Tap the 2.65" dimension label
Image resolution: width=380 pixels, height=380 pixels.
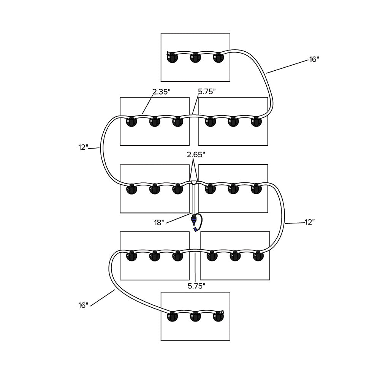coord(196,154)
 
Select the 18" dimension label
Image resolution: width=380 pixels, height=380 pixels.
coord(158,222)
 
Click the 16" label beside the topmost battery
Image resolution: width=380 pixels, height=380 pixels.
coord(314,59)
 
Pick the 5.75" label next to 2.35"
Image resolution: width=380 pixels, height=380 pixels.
coord(207,91)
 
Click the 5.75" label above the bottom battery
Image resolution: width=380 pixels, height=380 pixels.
coord(196,286)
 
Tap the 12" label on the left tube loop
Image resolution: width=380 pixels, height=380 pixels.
coord(83,147)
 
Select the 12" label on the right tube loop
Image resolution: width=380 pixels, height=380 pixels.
coord(310,222)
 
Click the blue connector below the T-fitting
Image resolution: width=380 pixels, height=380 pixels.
coord(195,220)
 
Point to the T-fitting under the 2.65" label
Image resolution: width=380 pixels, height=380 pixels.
coord(194,183)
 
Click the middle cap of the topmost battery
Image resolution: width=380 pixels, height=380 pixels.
coord(195,58)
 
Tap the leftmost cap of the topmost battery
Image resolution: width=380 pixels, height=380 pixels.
coord(172,58)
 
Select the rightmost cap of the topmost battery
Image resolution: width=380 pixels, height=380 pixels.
coord(218,58)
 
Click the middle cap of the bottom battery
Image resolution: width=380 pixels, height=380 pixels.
coord(195,317)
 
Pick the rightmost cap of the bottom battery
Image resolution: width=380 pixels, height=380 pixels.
coord(218,317)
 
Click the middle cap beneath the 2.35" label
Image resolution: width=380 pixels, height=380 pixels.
coord(155,122)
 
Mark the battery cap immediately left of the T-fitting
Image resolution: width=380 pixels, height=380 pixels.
coord(178,189)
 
